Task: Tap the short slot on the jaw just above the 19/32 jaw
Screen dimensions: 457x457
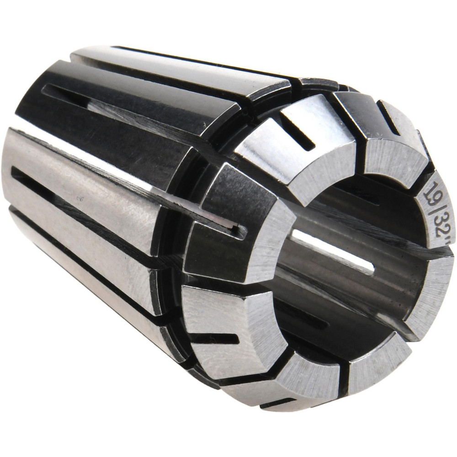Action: (x=388, y=117)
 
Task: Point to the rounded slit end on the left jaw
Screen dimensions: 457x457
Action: (x=238, y=228)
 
